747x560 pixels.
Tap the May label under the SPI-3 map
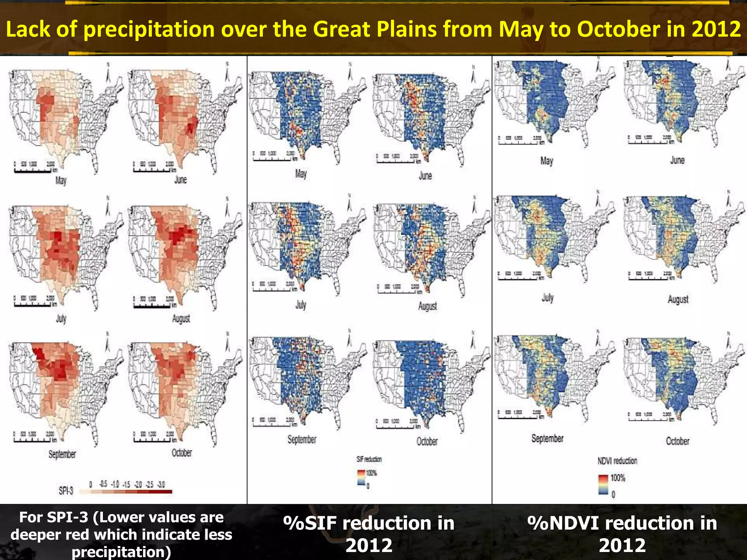[x=61, y=180]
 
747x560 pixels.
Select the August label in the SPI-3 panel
[x=181, y=319]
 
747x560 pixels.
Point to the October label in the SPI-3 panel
[x=182, y=453]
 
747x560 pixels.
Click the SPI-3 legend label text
[x=66, y=491]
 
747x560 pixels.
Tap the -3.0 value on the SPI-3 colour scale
[x=161, y=485]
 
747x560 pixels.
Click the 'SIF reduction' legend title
[x=369, y=459]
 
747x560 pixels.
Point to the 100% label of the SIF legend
[x=371, y=473]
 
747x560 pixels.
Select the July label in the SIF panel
[x=301, y=305]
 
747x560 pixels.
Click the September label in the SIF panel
[x=302, y=440]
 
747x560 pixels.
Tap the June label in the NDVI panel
[x=677, y=160]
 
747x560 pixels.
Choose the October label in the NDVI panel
[x=678, y=441]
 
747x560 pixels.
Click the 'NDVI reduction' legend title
[x=617, y=461]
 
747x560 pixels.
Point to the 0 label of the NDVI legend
[x=613, y=494]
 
